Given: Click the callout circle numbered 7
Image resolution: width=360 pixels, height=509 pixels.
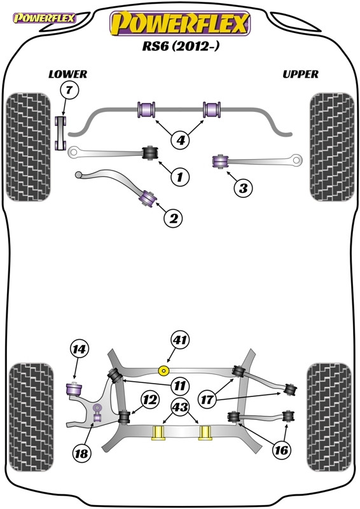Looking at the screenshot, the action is tap(69, 90).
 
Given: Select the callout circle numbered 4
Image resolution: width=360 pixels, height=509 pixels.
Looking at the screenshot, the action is tap(181, 140).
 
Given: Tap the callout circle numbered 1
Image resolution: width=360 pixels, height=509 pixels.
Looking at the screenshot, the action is tap(179, 177).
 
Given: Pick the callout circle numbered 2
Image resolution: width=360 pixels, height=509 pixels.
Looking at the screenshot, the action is tap(173, 218).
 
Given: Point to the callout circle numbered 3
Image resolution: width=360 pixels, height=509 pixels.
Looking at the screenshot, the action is tap(243, 188).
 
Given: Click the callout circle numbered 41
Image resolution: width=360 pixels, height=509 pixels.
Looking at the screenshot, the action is tap(180, 340).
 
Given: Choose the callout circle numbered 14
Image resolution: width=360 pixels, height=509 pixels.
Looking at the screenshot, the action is tap(79, 349).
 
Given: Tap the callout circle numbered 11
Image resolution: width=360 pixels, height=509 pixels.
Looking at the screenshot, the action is tap(179, 386).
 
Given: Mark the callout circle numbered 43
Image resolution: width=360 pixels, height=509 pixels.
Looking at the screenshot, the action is tap(180, 407).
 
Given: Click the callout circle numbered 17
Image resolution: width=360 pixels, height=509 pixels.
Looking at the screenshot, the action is tap(207, 400).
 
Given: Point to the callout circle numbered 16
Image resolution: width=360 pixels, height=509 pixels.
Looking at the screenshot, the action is tap(280, 450).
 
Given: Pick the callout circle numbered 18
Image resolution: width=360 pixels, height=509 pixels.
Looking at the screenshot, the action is tap(81, 452).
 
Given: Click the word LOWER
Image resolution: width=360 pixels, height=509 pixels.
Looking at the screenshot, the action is tap(68, 74).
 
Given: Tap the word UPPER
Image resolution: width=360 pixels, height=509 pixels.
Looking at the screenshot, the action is tap(300, 74).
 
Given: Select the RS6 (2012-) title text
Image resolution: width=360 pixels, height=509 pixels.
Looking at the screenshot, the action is tap(181, 46).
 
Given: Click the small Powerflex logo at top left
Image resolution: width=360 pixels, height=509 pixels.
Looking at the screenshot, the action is tap(44, 18).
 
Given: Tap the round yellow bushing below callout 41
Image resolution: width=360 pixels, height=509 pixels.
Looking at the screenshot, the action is tap(163, 370).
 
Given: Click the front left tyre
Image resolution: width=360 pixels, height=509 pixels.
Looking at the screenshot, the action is tap(29, 147).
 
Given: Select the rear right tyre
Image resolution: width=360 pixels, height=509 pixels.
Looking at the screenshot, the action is tap(329, 417).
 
